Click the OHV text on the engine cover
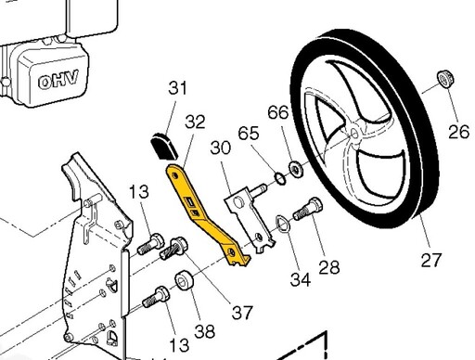(58, 81)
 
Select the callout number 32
(195, 122)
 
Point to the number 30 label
(220, 148)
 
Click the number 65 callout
(249, 134)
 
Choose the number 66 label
(278, 112)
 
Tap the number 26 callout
(459, 132)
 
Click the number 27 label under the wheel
(431, 260)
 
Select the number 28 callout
(329, 267)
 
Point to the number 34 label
(301, 279)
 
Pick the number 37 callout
(242, 313)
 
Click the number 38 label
(205, 331)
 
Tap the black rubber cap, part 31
(164, 146)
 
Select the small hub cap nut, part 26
(445, 79)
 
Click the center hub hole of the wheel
(354, 134)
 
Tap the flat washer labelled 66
(296, 169)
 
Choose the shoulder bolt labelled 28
(307, 209)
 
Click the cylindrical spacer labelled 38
(185, 281)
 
